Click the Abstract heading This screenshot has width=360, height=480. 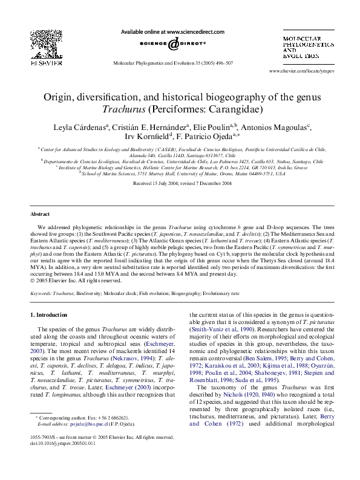pyautogui.click(x=40, y=215)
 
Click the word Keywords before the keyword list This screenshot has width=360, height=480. pyautogui.click(x=42, y=293)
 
